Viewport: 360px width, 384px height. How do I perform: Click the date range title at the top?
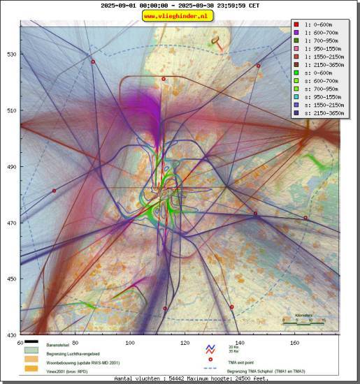(x=179, y=5)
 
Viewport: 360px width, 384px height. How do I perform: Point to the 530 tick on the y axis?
(x=10, y=54)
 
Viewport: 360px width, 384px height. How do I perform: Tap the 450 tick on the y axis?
(x=10, y=279)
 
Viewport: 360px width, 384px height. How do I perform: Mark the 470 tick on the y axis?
(x=10, y=223)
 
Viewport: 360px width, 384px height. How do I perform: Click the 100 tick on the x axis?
(x=129, y=342)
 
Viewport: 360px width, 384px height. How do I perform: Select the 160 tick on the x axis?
(x=294, y=342)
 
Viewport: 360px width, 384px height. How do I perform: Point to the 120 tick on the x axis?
(x=185, y=342)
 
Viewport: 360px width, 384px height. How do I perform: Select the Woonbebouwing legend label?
(x=78, y=362)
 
